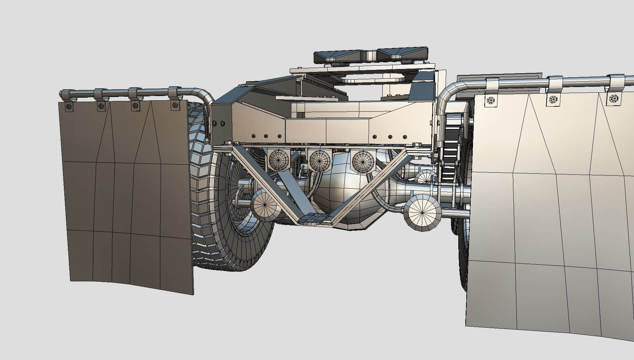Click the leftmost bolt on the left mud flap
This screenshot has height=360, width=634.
coord(69,106)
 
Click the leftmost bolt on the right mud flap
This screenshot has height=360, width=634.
coord(490,100)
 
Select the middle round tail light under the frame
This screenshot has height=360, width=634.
coord(320,161)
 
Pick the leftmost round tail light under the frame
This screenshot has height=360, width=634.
coord(279,160)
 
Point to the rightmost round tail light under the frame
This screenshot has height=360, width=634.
coord(363,161)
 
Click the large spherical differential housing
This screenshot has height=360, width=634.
coord(347,193)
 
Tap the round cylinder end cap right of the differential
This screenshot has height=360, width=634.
coord(422,212)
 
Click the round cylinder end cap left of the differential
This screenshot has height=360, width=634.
coord(266,204)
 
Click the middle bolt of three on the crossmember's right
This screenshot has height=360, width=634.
coord(390,137)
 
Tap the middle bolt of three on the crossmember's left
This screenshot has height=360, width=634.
coord(266,136)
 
